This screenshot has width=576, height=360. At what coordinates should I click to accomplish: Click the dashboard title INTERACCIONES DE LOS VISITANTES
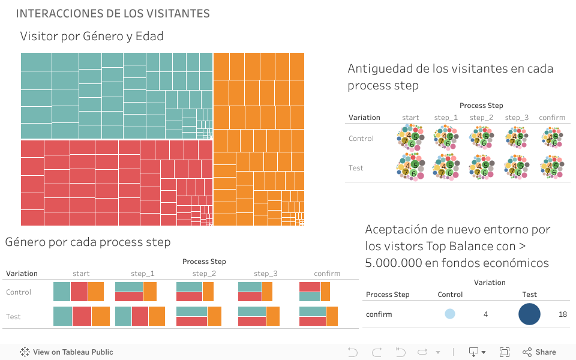click(113, 13)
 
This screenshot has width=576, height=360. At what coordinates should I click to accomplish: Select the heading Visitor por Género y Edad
click(92, 36)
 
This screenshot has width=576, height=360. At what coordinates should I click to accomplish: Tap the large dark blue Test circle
click(529, 314)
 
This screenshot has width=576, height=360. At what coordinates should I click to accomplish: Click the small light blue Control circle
click(449, 314)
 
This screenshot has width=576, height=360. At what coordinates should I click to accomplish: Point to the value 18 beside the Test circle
click(562, 314)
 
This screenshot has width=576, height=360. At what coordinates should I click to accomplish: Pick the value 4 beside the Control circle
click(485, 314)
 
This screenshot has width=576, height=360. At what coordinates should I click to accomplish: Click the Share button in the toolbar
click(539, 352)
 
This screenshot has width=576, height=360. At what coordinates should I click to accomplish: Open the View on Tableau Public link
click(67, 352)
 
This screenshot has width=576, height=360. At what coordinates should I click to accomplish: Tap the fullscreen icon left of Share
click(505, 352)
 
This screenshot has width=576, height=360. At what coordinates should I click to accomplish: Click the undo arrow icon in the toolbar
click(353, 352)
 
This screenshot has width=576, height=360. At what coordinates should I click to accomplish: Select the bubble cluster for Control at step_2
click(481, 139)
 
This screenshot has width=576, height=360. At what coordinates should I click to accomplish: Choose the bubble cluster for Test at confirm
click(552, 168)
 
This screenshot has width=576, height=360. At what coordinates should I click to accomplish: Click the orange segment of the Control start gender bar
click(96, 292)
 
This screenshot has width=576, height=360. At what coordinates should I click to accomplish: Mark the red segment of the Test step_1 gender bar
click(140, 316)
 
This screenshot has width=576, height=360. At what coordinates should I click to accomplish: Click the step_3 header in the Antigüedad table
click(517, 118)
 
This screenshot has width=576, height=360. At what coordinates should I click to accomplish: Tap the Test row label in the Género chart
click(13, 317)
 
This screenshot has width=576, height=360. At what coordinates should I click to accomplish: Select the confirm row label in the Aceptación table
click(379, 314)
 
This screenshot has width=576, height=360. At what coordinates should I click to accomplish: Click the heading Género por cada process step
click(88, 242)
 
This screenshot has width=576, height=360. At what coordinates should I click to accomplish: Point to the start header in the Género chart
click(81, 274)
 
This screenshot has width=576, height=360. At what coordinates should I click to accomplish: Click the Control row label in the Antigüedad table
click(361, 139)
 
